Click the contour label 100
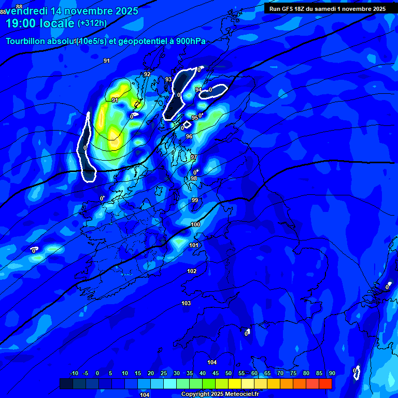pos(195,224)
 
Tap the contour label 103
pos(186,303)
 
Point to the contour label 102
pos(192,271)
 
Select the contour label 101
pos(194,245)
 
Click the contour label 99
pos(195,200)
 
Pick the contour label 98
pos(193,178)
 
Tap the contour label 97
pos(193,157)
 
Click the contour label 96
pos(189,136)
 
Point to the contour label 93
pos(168,79)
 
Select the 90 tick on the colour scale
pos(332,373)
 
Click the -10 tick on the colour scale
pos(74,373)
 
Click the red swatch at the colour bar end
pos(325,383)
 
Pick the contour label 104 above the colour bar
pos(211,362)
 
